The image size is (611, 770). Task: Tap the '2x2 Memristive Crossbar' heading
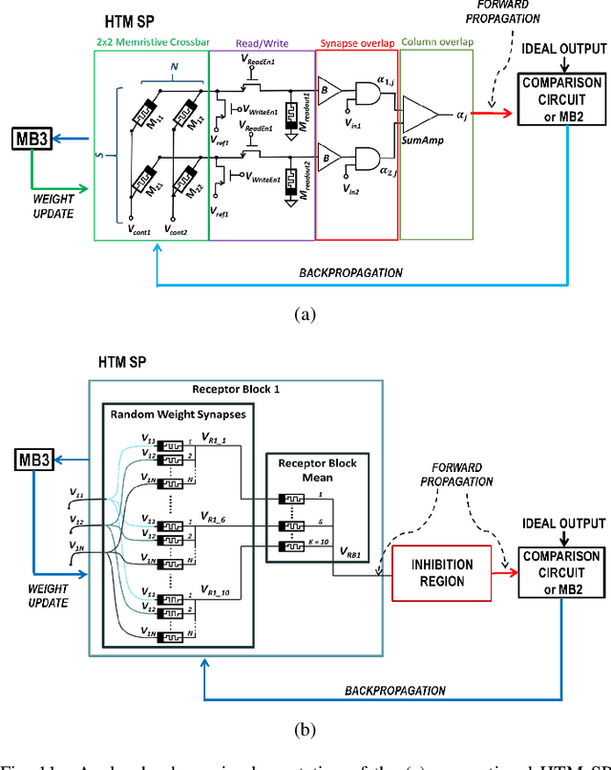[152, 44]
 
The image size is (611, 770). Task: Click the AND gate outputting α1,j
[368, 90]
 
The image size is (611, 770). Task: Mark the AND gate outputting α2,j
[368, 155]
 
